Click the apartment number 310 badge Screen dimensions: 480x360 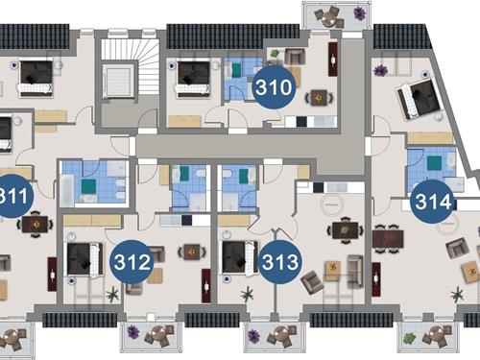point(274,87)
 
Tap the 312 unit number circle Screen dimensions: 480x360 point(132,262)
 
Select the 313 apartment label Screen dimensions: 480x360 point(280,262)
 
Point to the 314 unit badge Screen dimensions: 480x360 point(433,202)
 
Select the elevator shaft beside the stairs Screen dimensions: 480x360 point(118,81)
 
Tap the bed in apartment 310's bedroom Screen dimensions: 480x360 point(193,78)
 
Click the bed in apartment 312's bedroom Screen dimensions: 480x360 point(84,259)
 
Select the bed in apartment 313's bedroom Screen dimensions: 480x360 point(240,258)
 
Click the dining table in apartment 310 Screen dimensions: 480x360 point(319,98)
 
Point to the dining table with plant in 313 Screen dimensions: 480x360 point(345,229)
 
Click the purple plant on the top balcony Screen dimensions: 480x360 point(360,13)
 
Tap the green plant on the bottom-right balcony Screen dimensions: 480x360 point(409,337)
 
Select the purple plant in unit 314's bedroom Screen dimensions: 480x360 point(380,70)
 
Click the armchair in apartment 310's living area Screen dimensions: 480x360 point(295,56)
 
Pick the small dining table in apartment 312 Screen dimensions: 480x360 point(192,252)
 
